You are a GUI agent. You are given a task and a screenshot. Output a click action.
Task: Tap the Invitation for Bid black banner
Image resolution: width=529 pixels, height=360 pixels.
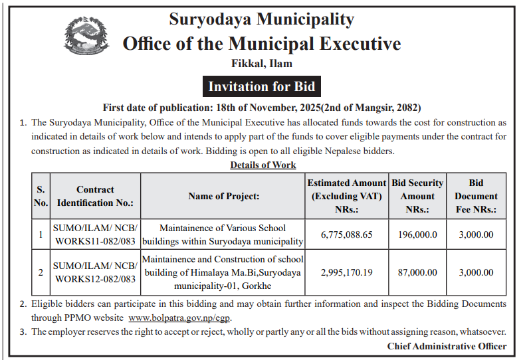point(261,86)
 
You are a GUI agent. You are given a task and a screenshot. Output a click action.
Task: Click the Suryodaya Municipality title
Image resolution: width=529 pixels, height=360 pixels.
point(261,19)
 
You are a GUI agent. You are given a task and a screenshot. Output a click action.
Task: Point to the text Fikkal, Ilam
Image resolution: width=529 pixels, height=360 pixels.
point(261,64)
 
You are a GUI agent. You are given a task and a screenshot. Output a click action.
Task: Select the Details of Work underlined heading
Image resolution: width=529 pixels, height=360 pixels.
point(263,165)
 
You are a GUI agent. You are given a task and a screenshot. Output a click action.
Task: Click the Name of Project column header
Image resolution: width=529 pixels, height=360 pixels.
point(223,196)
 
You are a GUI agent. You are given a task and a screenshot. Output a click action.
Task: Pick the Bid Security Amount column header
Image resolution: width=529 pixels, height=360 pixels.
point(417,196)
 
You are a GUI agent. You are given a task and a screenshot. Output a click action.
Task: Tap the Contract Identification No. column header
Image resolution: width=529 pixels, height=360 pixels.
point(95,196)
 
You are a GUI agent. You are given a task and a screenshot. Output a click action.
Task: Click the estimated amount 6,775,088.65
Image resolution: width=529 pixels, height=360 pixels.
point(346,234)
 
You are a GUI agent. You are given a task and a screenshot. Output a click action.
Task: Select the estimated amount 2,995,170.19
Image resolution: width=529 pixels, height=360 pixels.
point(346,272)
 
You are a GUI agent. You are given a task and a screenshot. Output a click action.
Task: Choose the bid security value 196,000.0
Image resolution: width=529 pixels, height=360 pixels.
point(417,234)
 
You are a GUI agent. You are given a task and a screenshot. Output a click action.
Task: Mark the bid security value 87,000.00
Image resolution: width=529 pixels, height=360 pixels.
point(417,272)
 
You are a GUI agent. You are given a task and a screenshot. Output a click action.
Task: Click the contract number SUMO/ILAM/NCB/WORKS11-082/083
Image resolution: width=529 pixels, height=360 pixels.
point(95,234)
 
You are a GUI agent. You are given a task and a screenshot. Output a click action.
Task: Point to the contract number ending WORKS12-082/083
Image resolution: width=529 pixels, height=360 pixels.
point(95,272)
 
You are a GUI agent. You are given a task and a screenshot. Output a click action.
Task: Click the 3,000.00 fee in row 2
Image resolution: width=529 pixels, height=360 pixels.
point(476,272)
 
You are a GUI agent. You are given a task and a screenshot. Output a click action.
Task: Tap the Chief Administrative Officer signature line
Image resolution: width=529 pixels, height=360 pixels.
point(447,346)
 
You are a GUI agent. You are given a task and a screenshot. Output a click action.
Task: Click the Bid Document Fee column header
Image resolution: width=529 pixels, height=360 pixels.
point(476,196)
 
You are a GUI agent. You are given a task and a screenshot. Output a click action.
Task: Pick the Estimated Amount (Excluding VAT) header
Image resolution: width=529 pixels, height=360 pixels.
point(346,196)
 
